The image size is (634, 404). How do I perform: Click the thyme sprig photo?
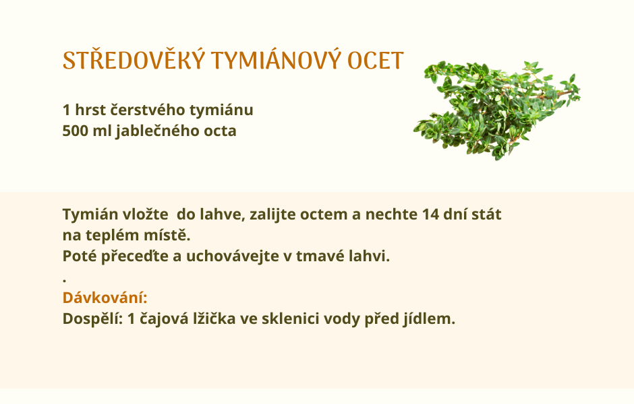[497, 110]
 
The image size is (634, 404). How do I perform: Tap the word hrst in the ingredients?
[90, 110]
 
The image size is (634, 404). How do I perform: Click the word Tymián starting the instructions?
[90, 214]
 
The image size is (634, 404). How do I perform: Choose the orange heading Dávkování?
[105, 298]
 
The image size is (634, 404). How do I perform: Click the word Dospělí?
[92, 319]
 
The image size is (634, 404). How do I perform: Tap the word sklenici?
[291, 319]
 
